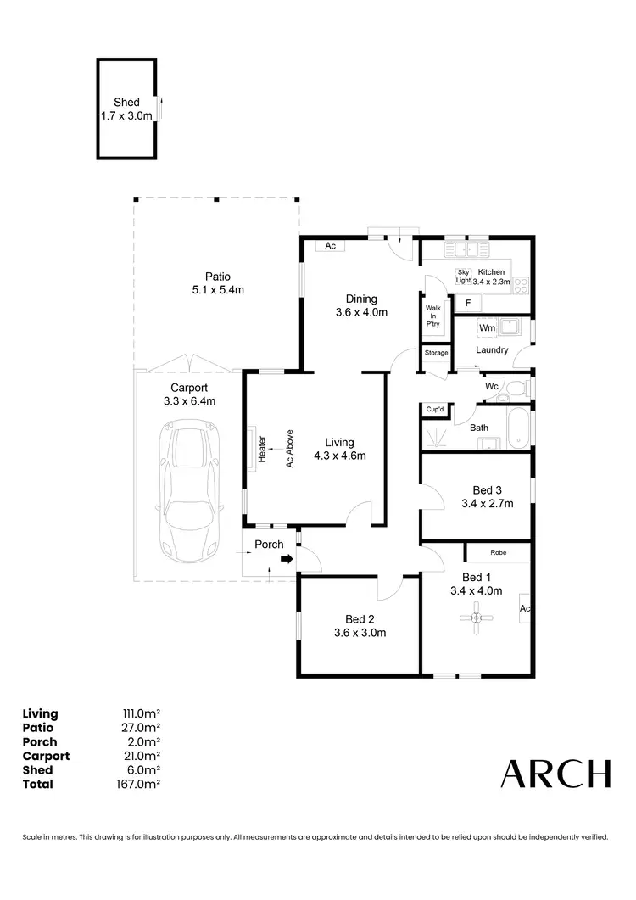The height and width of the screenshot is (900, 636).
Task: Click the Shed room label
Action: click(x=126, y=103)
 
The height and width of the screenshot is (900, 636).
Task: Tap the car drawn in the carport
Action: click(x=189, y=492)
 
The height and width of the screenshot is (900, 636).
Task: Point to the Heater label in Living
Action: click(x=262, y=449)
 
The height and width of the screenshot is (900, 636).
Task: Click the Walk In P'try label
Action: click(x=432, y=316)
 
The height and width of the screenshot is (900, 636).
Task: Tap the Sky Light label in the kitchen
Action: click(x=463, y=276)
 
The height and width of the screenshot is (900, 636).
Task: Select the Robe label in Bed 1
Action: click(x=498, y=552)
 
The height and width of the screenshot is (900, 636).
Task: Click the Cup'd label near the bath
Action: click(x=435, y=410)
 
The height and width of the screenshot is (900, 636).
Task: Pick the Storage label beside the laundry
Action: click(x=436, y=353)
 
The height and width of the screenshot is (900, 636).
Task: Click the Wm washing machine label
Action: click(x=487, y=327)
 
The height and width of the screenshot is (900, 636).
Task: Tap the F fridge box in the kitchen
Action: click(x=467, y=303)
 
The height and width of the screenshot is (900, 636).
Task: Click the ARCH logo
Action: click(x=555, y=774)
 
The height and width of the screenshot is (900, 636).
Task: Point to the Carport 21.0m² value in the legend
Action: click(x=142, y=756)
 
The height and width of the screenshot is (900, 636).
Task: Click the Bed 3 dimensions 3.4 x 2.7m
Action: click(x=488, y=504)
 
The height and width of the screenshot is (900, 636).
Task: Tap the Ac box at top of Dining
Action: click(x=330, y=246)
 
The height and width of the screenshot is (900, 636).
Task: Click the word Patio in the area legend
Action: click(x=38, y=728)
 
